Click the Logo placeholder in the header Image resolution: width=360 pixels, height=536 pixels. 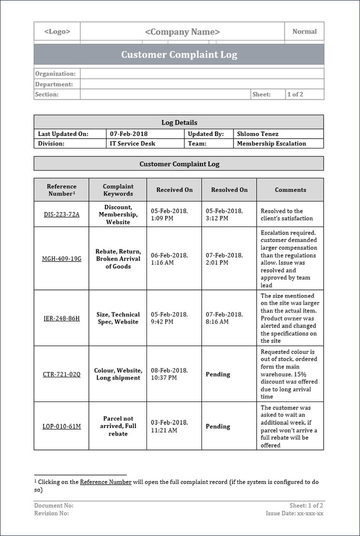coord(57,31)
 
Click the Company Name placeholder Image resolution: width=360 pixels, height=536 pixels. coord(182,32)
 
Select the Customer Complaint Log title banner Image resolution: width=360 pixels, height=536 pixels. coord(179,54)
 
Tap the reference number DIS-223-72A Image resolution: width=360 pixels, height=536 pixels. coord(61,214)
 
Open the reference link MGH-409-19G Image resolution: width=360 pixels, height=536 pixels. coord(61,259)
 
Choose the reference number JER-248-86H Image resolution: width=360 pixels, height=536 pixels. coord(61,318)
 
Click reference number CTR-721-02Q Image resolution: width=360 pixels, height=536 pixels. coord(61,374)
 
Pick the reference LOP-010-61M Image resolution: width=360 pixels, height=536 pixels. coord(61,426)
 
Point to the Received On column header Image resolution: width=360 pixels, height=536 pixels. coord(174,190)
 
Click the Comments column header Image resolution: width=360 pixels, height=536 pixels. coord(290,190)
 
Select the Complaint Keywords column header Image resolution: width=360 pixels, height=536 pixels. coord(118,190)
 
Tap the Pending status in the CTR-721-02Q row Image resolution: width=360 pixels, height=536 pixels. coord(218,374)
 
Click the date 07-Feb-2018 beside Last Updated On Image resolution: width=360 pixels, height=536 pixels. coord(129,134)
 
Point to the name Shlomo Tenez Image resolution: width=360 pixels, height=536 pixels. coord(257,134)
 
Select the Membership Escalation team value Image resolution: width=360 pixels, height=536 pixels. coord(271,143)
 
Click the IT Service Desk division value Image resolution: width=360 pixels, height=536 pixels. coord(132,143)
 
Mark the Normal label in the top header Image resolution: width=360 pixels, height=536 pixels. coord(304,31)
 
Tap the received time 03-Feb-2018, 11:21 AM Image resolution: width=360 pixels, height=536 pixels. coord(169,426)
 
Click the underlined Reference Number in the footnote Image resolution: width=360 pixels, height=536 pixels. coord(105,482)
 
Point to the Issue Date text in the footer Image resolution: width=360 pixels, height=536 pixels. coord(294,513)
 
